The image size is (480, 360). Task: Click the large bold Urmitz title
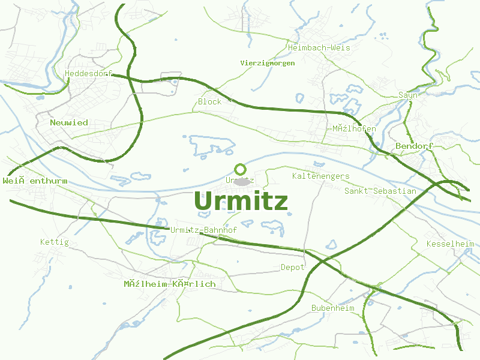tap(241, 202)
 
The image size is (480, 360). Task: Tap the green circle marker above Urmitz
tap(240, 170)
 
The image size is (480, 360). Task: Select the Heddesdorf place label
tap(88, 73)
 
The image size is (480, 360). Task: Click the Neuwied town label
tap(69, 122)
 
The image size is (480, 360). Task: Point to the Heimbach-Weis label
tap(311, 47)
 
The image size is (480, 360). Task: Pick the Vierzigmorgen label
tap(267, 63)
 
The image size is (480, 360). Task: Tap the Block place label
tap(210, 101)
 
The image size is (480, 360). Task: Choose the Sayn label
tap(408, 95)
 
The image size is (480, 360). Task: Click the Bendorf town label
tap(415, 146)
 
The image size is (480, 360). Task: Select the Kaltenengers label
tap(320, 176)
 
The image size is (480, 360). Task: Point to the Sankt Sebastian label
tap(380, 191)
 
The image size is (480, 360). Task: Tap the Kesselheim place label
tap(450, 244)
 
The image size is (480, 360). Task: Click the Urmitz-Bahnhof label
tap(203, 230)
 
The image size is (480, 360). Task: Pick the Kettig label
tap(54, 242)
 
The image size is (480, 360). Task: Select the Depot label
tap(293, 267)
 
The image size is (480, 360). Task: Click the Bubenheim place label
tap(332, 308)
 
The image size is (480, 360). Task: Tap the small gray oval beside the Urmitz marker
tap(242, 182)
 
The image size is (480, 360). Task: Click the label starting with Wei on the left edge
tap(35, 181)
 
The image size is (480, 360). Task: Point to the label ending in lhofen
tap(354, 129)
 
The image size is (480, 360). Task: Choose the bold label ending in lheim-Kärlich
tap(169, 283)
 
